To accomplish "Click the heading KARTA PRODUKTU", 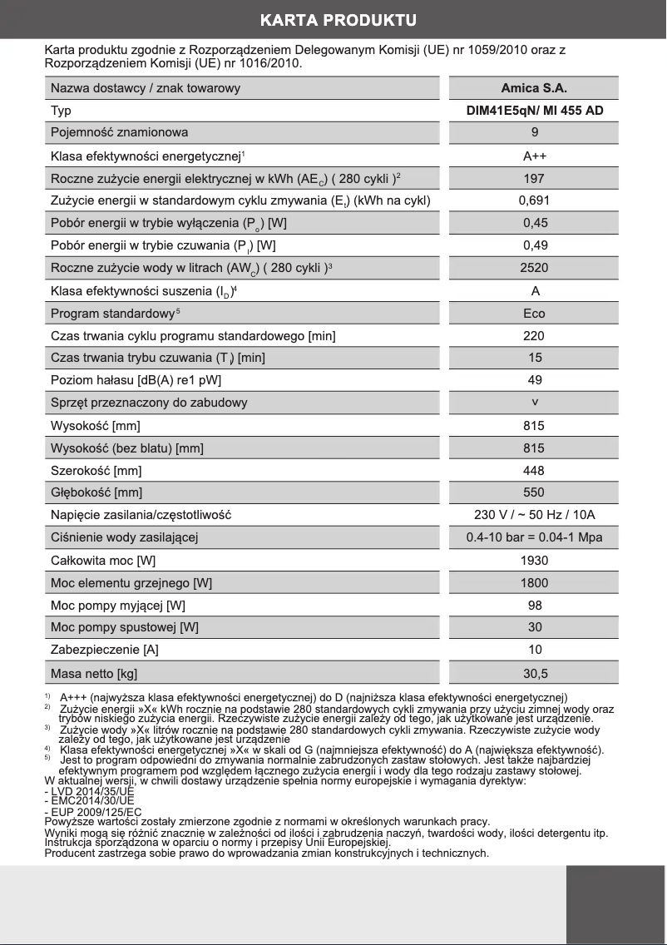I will pos(338,19).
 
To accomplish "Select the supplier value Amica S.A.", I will pos(534,88).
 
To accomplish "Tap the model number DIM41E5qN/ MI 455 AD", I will pos(534,110).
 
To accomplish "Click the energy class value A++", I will pos(534,156).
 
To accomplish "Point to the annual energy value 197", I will pos(534,178).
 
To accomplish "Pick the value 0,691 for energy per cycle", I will pos(534,200).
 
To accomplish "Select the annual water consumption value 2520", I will pos(534,268).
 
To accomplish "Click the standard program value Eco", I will pos(534,314).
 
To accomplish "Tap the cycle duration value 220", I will pos(534,336).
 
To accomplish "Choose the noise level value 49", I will pos(534,380).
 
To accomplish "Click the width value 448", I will pos(534,471).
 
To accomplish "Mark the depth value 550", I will pos(534,492).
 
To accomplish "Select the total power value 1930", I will pos(534,560).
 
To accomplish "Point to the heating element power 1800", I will pos(534,583).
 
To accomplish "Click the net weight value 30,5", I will pos(534,673).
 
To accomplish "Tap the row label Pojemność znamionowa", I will pos(120,132).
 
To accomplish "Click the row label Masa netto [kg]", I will pos(94,673).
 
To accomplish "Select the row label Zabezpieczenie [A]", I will pos(105,650).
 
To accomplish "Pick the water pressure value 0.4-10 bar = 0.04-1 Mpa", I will pos(534,537).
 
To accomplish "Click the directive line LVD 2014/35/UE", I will pos(90,792).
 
